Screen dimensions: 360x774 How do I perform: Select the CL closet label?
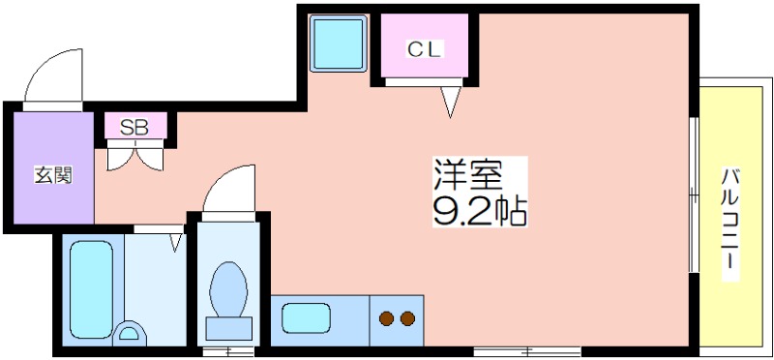tap(423, 49)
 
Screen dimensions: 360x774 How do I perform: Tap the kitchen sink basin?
tap(306, 317)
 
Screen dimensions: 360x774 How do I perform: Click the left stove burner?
tap(387, 317)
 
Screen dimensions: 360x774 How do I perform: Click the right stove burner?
tap(407, 317)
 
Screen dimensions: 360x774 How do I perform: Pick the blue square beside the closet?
tap(337, 44)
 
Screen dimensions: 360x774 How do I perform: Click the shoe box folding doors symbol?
tap(135, 155)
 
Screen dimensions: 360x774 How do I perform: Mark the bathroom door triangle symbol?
tap(176, 241)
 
